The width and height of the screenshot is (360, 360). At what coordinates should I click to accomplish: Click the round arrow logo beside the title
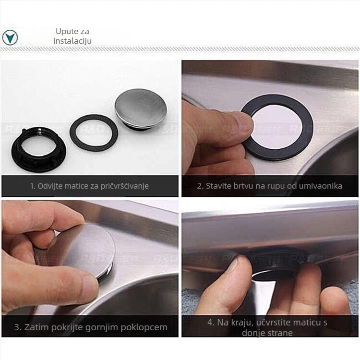(x=10, y=37)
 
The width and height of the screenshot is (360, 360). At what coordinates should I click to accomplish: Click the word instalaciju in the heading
(x=72, y=41)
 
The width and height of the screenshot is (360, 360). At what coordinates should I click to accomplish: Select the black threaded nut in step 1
(x=38, y=149)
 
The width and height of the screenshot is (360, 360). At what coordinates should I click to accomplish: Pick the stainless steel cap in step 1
(x=141, y=109)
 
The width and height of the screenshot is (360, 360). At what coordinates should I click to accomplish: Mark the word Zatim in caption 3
(x=36, y=327)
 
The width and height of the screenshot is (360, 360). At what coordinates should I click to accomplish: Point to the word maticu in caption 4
(x=307, y=323)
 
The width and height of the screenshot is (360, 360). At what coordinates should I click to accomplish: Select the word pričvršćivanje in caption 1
(x=124, y=186)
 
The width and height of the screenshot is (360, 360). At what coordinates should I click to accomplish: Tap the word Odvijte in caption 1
(x=50, y=186)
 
